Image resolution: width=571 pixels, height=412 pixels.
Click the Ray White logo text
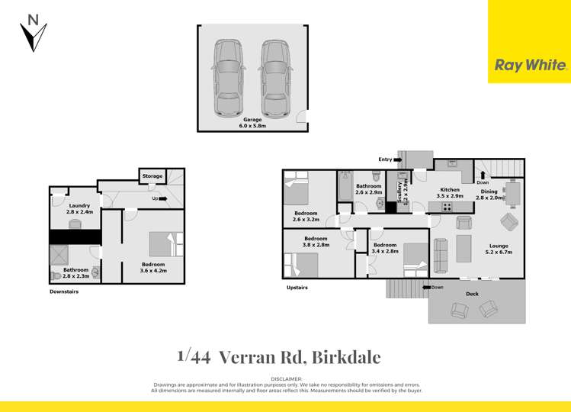(531, 66)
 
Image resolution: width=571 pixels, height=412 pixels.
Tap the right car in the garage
(275, 77)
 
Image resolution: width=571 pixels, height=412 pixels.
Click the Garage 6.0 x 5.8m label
(252, 124)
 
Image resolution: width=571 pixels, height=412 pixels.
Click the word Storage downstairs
(152, 176)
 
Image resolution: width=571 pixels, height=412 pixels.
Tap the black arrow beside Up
(162, 198)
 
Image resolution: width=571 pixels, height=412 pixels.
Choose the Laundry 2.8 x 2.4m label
(79, 209)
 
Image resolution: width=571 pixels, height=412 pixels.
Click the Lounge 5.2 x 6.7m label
(498, 249)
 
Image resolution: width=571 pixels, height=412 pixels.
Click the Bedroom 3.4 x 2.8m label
(386, 248)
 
